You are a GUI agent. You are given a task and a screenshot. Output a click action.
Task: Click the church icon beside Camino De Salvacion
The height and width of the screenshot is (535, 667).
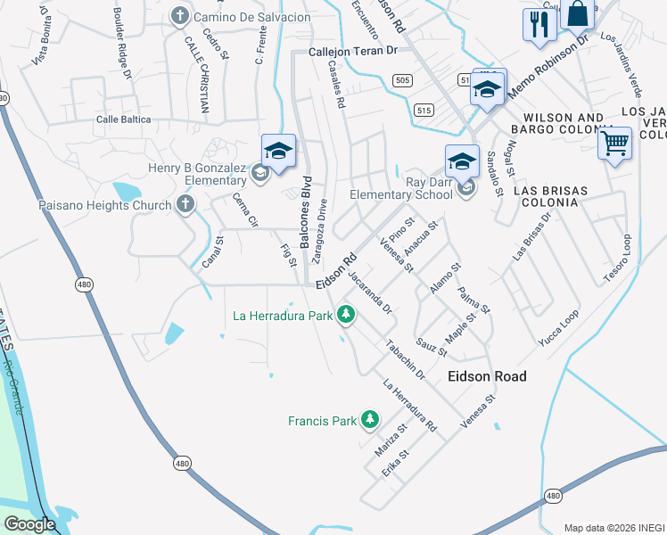click(x=180, y=16)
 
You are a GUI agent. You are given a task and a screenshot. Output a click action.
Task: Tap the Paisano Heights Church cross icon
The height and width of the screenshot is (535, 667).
click(x=185, y=205)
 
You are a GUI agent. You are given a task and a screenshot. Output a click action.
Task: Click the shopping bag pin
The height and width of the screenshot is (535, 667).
click(x=578, y=14)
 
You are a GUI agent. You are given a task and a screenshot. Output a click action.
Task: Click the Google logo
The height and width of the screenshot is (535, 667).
click(x=29, y=524)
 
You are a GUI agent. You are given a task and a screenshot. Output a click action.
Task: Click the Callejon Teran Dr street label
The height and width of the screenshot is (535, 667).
click(x=352, y=52)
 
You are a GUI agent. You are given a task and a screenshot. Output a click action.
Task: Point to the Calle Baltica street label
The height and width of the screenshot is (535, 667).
click(x=132, y=119)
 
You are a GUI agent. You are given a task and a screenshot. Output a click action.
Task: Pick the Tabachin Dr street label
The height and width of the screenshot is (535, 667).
click(x=405, y=360)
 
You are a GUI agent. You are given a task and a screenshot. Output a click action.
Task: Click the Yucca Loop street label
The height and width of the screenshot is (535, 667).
click(x=558, y=328)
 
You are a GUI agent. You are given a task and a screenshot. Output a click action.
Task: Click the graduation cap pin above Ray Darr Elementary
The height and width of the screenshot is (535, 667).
click(x=462, y=161)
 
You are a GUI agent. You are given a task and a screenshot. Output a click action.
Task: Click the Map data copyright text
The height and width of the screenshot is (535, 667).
click(x=613, y=527)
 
